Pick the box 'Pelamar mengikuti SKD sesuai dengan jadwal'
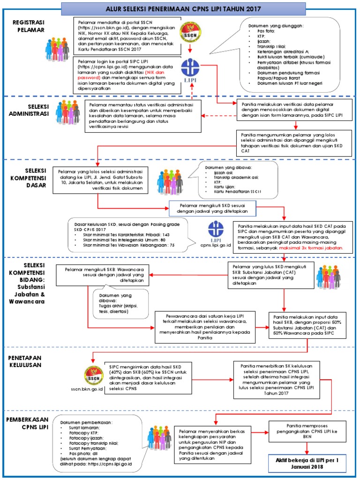[212, 208]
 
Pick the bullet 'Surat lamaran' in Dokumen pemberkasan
[84, 427]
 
